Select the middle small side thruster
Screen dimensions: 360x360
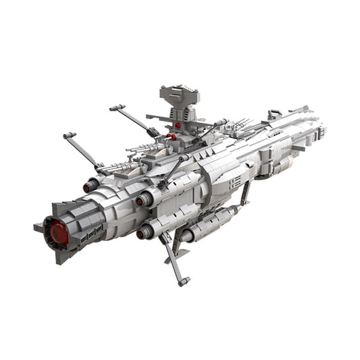141,201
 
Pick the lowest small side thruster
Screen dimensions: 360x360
143,234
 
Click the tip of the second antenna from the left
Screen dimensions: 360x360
113,107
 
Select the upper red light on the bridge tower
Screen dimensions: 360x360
177,126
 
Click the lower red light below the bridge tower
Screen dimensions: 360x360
172,137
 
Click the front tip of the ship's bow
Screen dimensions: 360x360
319,125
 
